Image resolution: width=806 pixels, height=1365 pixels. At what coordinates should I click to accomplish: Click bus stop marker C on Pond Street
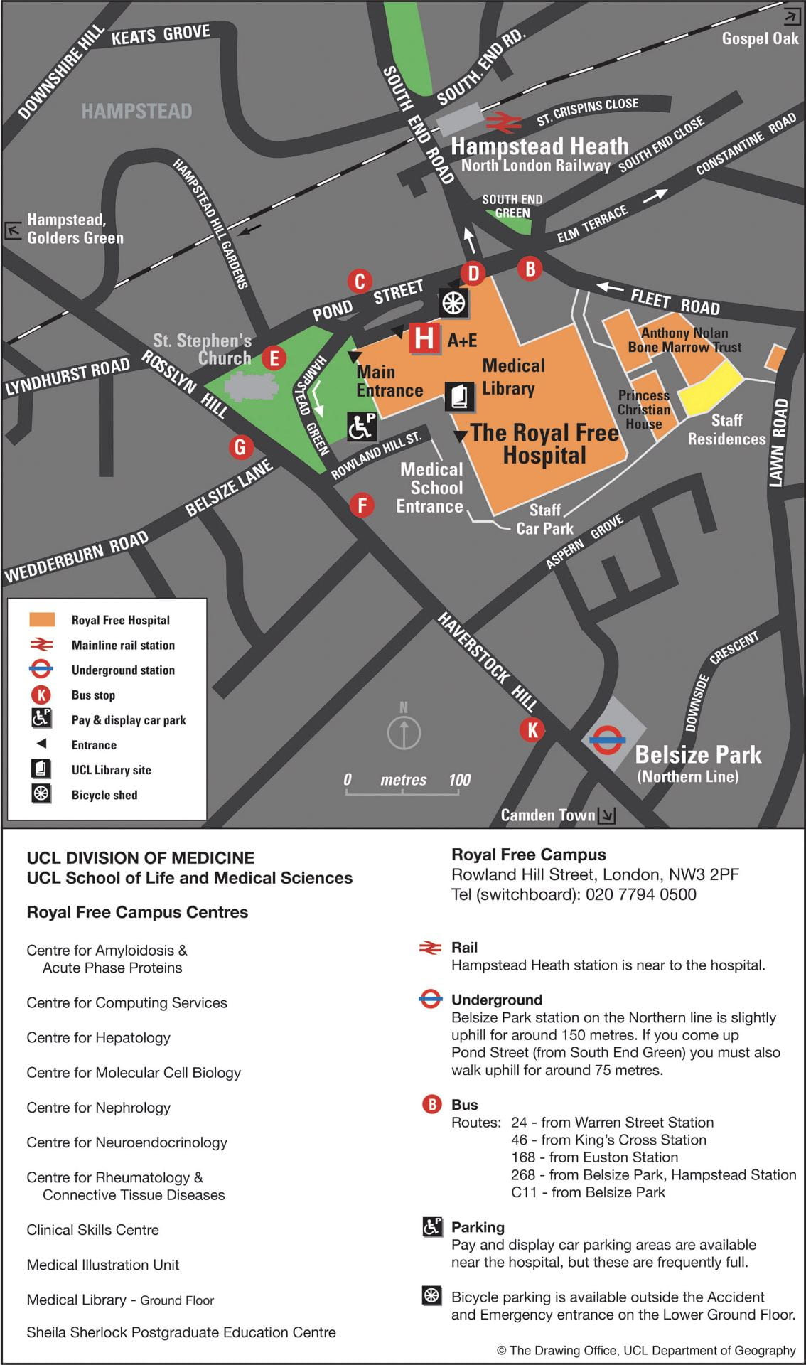point(360,282)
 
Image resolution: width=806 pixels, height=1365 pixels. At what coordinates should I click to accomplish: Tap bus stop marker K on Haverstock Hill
point(532,729)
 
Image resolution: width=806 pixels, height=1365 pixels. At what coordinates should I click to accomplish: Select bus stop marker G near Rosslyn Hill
point(240,447)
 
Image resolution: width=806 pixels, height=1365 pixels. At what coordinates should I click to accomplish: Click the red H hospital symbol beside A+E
point(424,338)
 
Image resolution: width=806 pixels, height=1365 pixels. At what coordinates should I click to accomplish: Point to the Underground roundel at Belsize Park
point(607,740)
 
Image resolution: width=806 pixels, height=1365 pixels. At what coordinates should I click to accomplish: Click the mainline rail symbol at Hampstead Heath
point(503,122)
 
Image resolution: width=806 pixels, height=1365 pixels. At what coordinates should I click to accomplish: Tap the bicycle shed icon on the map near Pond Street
point(453,303)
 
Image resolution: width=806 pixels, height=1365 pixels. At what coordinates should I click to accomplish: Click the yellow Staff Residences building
point(708,388)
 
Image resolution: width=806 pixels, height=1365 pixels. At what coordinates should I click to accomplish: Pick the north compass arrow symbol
point(404,732)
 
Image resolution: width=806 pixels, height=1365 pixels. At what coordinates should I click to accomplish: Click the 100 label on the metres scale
point(459,780)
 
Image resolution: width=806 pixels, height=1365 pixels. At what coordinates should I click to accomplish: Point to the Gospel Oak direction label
point(759,38)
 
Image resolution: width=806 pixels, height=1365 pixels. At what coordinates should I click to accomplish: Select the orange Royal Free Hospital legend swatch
point(41,619)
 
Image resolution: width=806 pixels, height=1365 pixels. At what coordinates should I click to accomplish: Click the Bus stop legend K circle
point(41,695)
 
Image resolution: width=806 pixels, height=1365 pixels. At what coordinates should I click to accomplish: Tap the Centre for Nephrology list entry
point(98,1107)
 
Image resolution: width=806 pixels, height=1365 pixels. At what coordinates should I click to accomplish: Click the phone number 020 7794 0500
point(640,894)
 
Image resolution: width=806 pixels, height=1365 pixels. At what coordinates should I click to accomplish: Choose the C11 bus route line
point(588,1192)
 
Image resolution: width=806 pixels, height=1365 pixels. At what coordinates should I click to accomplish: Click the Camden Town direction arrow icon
point(606,815)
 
